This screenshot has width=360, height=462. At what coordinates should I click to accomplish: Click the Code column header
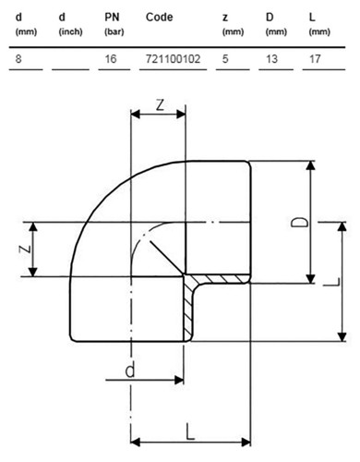tap(159, 18)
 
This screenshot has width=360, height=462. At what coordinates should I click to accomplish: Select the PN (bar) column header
tap(114, 24)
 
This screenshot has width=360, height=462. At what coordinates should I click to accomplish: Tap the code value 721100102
tap(173, 58)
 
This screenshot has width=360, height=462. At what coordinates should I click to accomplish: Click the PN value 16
tap(111, 58)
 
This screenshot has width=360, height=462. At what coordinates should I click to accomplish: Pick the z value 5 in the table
tap(225, 58)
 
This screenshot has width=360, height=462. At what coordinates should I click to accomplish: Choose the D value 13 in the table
tap(271, 58)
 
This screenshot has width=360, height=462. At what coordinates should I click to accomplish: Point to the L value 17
tap(315, 58)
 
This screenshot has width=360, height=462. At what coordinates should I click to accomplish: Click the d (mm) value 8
tap(18, 58)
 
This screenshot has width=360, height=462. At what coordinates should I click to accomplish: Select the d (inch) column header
tap(70, 24)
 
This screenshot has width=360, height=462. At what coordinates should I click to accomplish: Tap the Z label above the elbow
tap(160, 105)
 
